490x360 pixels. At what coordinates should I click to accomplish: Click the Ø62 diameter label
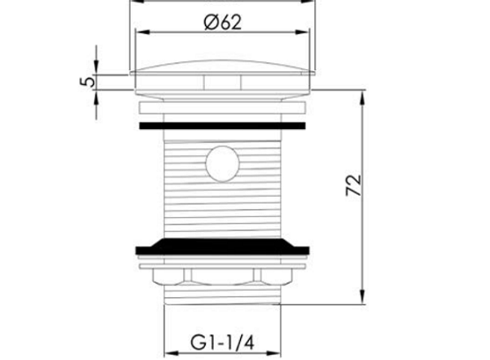point(222,23)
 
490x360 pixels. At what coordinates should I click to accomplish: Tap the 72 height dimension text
point(354,185)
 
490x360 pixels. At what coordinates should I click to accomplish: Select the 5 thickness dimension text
point(87,82)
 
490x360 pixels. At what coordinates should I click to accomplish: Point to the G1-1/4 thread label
point(222,343)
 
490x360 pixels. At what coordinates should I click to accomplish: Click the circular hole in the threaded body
point(222,164)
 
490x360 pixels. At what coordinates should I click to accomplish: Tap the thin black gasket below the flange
point(222,126)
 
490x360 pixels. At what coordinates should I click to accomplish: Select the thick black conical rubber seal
point(222,247)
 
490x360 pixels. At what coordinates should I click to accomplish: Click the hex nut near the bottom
point(222,277)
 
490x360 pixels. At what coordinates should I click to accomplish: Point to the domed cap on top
point(222,67)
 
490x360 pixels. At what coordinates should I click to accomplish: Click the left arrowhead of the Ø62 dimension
point(143,32)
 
